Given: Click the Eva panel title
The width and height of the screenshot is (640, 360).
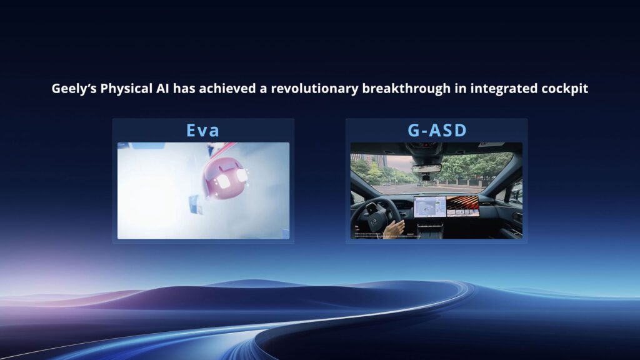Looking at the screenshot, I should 203,131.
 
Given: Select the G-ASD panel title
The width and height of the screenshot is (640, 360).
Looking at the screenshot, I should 436,131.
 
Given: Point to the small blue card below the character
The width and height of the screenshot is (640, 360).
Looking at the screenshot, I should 196,204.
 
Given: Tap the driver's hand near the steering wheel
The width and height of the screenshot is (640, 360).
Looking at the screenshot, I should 394,229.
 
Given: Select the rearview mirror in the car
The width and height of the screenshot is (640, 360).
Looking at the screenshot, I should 426,168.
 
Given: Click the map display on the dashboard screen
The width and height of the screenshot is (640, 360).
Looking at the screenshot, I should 429,206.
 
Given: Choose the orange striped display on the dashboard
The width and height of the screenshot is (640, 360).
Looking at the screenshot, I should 462,205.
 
